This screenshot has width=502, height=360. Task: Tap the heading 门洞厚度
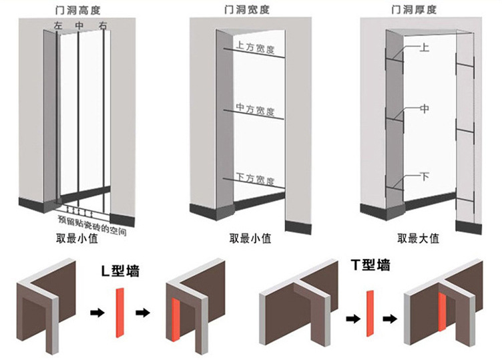pyautogui.click(x=419, y=9)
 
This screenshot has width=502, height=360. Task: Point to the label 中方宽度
pyautogui.click(x=256, y=109)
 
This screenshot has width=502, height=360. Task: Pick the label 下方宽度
pyautogui.click(x=256, y=179)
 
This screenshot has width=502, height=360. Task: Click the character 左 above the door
pyautogui.click(x=58, y=26)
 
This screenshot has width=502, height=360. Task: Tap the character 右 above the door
pyautogui.click(x=102, y=26)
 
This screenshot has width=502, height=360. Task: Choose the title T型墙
pyautogui.click(x=370, y=265)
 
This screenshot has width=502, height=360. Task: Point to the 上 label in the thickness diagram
pyautogui.click(x=425, y=49)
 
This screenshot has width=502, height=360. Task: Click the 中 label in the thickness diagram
pyautogui.click(x=425, y=108)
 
